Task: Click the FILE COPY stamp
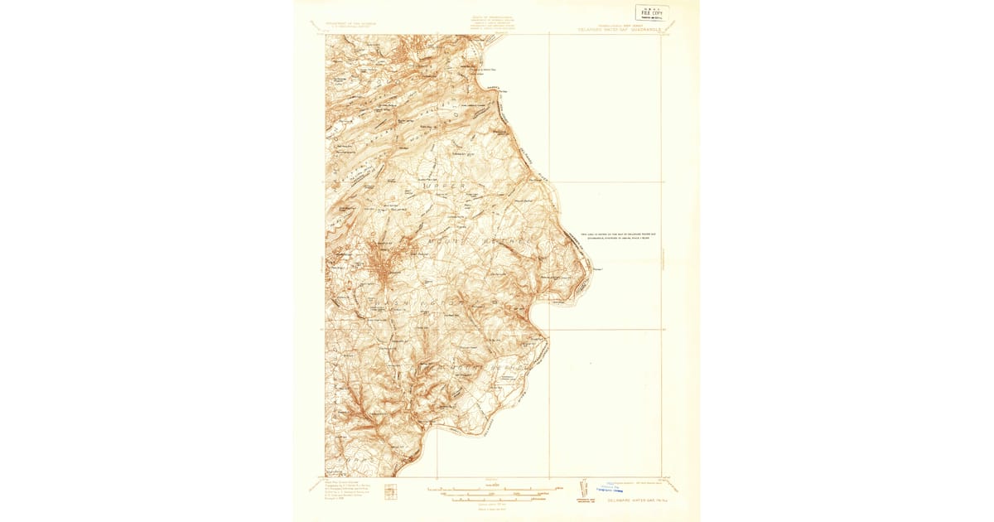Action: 653,12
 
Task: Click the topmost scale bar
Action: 495,485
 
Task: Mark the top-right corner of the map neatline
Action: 662,35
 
